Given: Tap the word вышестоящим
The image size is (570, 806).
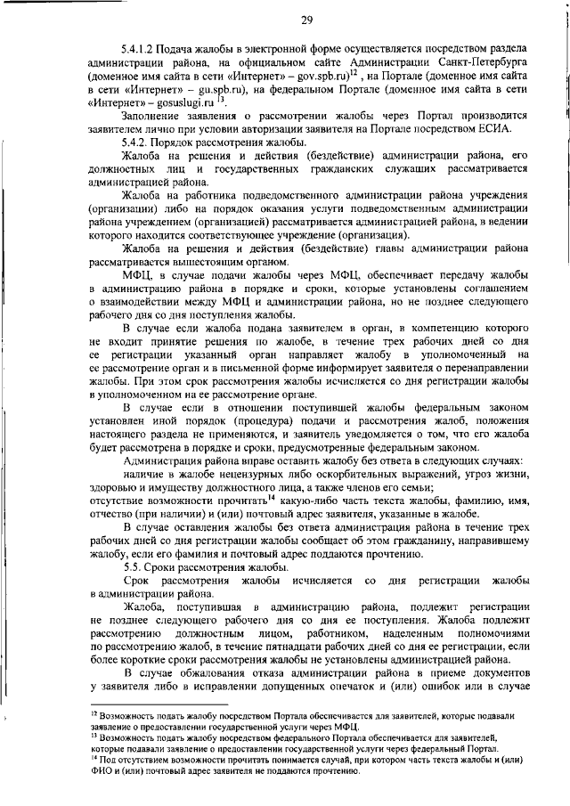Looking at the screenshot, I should click(204, 262).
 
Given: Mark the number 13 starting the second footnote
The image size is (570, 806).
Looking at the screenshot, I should click(95, 737).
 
